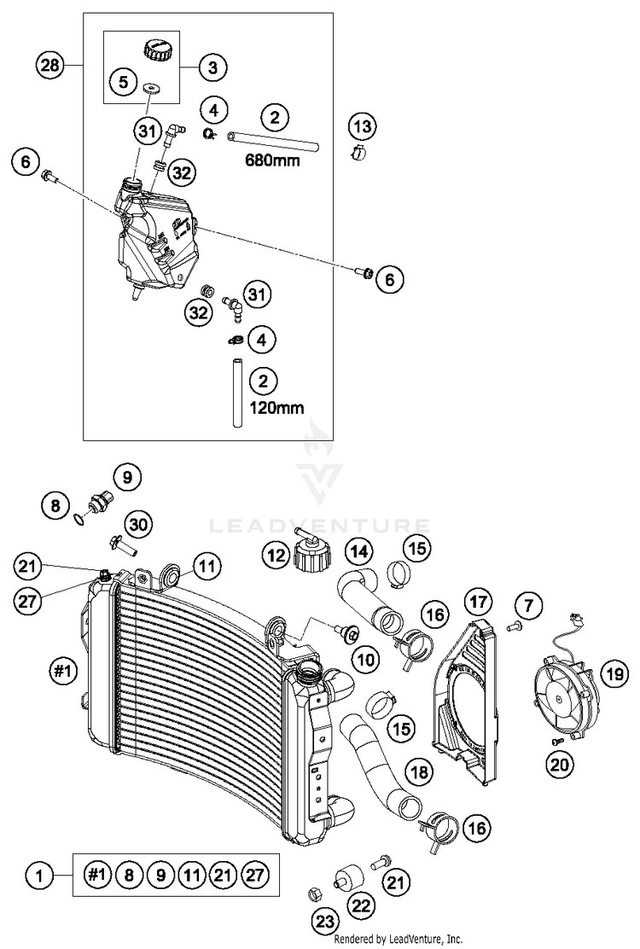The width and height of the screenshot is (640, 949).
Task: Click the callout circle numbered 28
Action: point(50,65)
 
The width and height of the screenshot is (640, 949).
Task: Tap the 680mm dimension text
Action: point(272,160)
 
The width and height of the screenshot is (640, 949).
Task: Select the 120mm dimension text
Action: point(277,407)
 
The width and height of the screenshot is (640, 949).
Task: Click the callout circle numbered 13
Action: point(363,126)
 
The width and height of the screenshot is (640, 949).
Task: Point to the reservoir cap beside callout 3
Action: point(159,49)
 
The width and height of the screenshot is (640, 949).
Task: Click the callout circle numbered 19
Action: point(615,673)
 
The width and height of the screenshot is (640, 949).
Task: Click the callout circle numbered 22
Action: point(362,905)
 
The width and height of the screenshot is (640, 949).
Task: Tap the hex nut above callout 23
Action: point(314,893)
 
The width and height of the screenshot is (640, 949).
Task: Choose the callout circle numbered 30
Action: point(138,523)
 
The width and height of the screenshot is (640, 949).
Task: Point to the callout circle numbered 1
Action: point(39,875)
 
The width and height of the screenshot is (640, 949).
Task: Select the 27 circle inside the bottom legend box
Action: point(256,875)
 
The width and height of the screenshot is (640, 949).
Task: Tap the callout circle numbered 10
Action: point(365,659)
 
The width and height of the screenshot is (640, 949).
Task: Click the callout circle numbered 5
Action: point(124,81)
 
